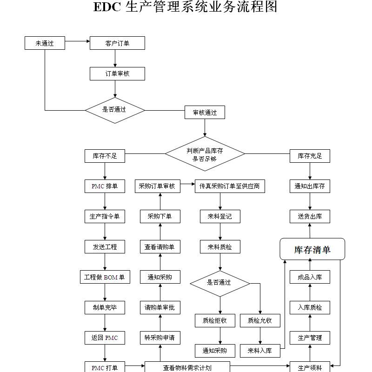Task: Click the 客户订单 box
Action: (117, 43)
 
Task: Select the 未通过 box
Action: (45, 43)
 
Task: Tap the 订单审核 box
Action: (117, 73)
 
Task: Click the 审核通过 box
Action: (205, 112)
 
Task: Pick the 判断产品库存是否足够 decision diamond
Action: (205, 154)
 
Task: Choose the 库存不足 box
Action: (105, 156)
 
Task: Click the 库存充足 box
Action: (310, 156)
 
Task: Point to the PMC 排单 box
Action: (105, 186)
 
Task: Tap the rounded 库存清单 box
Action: (312, 249)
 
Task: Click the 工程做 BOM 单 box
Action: (105, 277)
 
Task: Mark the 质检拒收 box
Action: (214, 320)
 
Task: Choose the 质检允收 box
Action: (260, 320)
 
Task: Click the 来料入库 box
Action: (260, 351)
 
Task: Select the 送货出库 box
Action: (310, 216)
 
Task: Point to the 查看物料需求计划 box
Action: (187, 367)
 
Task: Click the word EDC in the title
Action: (107, 7)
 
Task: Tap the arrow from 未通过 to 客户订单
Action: (77, 43)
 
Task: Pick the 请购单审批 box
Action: (159, 307)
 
